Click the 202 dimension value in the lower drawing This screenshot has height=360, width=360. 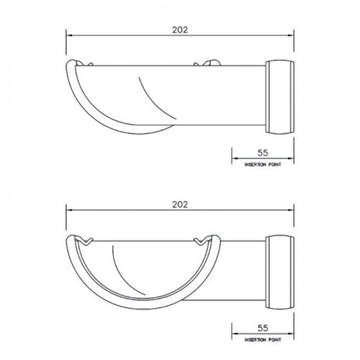(x=180, y=204)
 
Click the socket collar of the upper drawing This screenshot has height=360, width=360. (x=281, y=97)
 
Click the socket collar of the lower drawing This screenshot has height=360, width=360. (x=281, y=271)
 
